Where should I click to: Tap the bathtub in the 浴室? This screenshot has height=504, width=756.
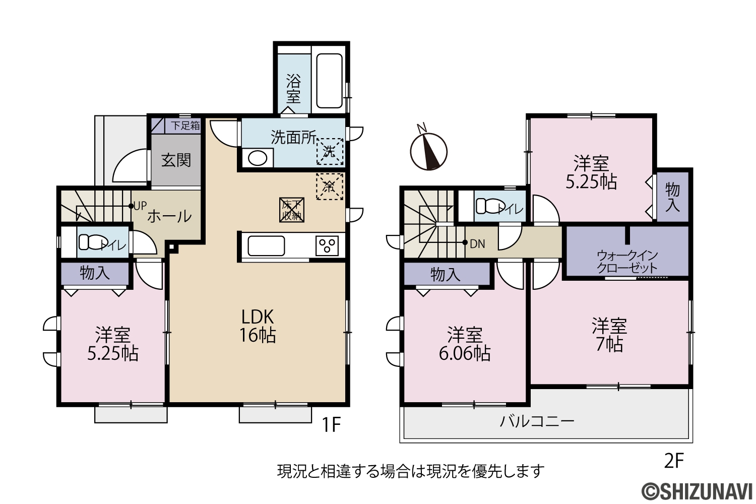[329, 81]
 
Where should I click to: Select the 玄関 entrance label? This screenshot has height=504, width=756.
[176, 160]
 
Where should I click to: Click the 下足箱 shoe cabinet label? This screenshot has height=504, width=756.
[185, 125]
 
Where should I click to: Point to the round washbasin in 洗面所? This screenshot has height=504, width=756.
[257, 158]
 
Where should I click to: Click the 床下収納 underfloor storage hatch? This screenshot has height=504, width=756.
[292, 210]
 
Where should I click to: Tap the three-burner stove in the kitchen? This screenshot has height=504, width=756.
[327, 245]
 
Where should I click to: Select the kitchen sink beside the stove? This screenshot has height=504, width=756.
[266, 246]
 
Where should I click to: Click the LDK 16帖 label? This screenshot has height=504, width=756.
[258, 326]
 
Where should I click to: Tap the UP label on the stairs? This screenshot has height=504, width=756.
[140, 206]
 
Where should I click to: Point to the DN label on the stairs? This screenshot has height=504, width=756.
[477, 244]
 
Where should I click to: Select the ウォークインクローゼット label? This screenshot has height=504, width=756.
[627, 262]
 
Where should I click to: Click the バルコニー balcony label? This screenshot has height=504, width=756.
[537, 421]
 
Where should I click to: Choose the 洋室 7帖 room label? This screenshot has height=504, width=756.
[609, 335]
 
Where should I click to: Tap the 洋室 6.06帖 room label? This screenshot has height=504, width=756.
[465, 344]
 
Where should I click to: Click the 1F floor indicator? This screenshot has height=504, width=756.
[331, 425]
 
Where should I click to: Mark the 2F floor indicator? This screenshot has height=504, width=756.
[674, 461]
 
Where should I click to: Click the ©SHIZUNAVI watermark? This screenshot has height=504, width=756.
[697, 490]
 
